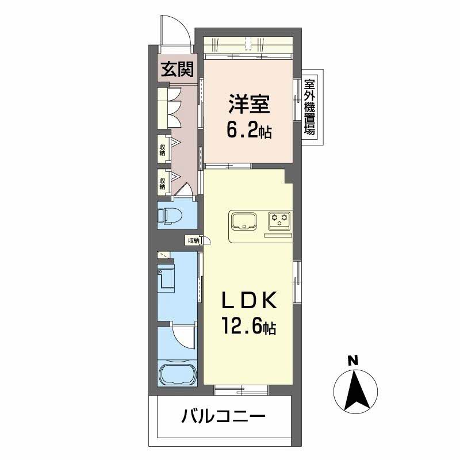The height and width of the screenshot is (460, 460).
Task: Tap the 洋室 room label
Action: (x=249, y=106)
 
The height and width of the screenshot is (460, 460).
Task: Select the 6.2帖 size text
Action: (x=249, y=132)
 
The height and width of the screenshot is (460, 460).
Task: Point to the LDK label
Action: (x=250, y=302)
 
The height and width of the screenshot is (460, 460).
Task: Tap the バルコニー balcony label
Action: (x=224, y=415)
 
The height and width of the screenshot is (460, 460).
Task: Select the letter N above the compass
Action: (x=352, y=361)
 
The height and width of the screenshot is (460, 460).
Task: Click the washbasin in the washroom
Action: (x=167, y=278)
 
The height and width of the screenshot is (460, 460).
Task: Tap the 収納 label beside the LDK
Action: (x=193, y=240)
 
